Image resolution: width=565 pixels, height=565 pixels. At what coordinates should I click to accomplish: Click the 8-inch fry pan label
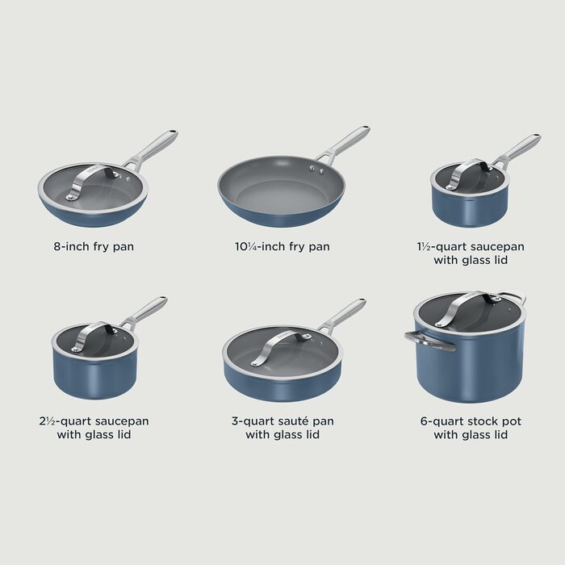tap(94, 247)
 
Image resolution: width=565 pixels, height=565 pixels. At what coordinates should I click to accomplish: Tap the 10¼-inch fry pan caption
tap(282, 247)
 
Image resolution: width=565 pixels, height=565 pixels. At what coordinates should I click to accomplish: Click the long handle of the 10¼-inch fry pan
tap(343, 144)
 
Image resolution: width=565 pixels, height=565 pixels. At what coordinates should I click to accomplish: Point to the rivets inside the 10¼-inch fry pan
tap(316, 169)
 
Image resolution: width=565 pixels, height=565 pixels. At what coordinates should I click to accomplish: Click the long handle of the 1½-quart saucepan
tap(519, 149)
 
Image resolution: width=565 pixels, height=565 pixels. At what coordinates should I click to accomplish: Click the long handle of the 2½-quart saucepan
tap(144, 312)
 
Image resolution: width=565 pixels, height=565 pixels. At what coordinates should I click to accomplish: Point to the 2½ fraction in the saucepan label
tap(47, 421)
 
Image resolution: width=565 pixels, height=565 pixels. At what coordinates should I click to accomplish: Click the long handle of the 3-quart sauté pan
tap(343, 314)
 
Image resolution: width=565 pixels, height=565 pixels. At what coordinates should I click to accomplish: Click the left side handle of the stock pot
tap(429, 341)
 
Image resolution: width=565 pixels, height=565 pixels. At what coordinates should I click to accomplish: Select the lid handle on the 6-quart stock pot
tap(467, 308)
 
